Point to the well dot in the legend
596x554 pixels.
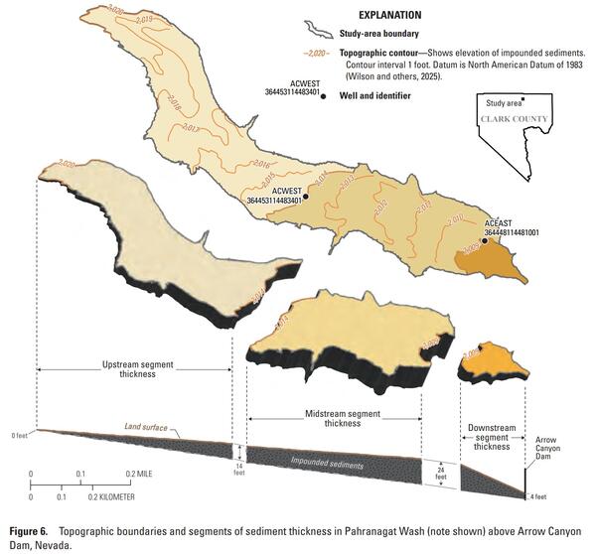321,96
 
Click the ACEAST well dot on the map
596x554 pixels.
485,240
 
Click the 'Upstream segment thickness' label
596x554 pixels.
137,368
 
